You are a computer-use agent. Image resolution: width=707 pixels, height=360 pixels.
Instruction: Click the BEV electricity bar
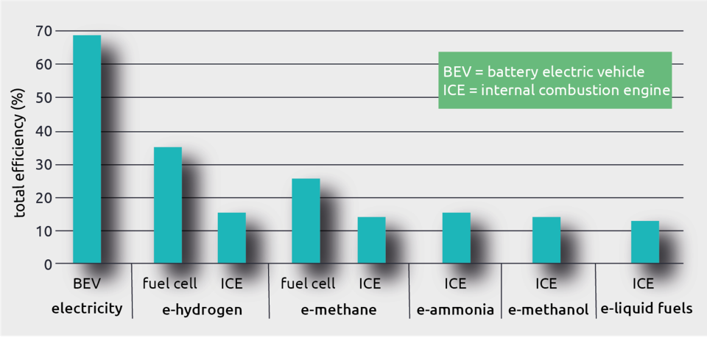pos(87,149)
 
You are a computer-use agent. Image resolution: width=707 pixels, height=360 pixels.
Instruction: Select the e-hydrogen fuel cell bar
pos(168,205)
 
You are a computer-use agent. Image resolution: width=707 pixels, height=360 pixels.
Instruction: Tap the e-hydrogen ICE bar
pos(232,238)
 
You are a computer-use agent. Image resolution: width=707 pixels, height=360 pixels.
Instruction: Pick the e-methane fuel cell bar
pos(306,221)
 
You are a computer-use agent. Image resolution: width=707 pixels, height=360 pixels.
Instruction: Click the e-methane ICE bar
pos(371,240)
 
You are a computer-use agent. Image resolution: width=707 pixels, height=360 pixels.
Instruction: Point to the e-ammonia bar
pos(457,238)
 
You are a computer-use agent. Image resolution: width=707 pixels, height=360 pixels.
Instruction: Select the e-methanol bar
pos(546,240)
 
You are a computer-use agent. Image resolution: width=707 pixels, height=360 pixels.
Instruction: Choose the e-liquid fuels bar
pos(645,242)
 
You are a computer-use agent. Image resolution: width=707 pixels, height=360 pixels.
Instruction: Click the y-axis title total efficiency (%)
pos(19,152)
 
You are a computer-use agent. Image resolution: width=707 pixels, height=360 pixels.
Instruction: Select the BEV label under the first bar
pos(87,284)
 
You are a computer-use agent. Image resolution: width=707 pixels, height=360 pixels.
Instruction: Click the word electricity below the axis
pos(87,309)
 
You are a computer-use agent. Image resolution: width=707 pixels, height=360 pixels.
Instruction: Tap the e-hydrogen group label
pos(202,310)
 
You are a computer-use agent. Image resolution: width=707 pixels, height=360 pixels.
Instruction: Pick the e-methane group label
pos(339,310)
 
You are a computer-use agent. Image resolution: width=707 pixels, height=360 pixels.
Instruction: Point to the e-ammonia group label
pos(455,310)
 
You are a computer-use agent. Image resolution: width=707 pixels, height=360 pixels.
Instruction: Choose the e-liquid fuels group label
pos(647,309)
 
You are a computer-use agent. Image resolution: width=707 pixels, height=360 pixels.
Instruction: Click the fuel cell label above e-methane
pos(308,284)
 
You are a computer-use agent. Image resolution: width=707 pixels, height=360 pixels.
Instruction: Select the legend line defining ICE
pos(556,91)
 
